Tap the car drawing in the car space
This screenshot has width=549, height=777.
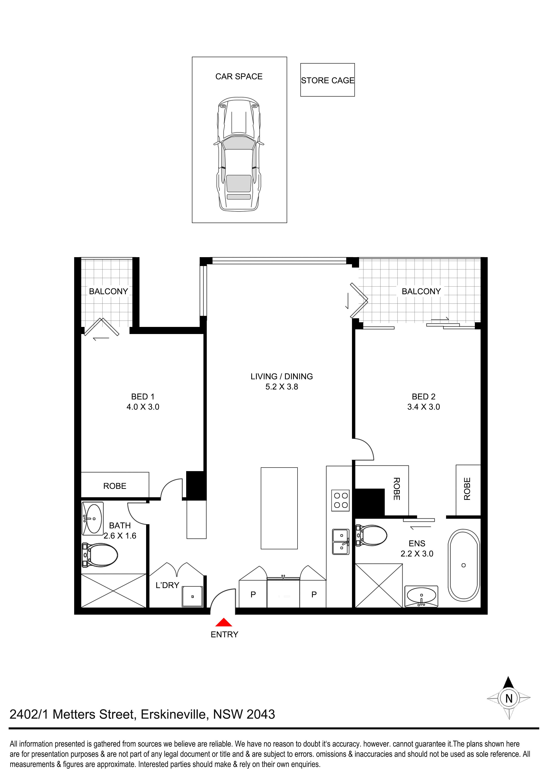point(239,154)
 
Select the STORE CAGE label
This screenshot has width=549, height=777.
point(327,81)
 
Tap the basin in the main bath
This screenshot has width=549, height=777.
point(92,519)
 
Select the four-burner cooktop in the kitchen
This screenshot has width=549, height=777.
point(340,500)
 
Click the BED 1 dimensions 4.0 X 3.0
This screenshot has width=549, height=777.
point(143,407)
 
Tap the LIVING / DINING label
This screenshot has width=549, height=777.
point(281,376)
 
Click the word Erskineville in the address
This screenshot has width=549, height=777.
point(173,714)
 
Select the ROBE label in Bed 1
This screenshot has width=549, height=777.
point(115,486)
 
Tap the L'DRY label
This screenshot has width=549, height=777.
point(167,585)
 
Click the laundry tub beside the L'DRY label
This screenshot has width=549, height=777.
point(192,596)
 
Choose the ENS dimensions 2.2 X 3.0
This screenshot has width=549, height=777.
point(417,554)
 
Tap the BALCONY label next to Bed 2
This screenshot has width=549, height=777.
point(421,291)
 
